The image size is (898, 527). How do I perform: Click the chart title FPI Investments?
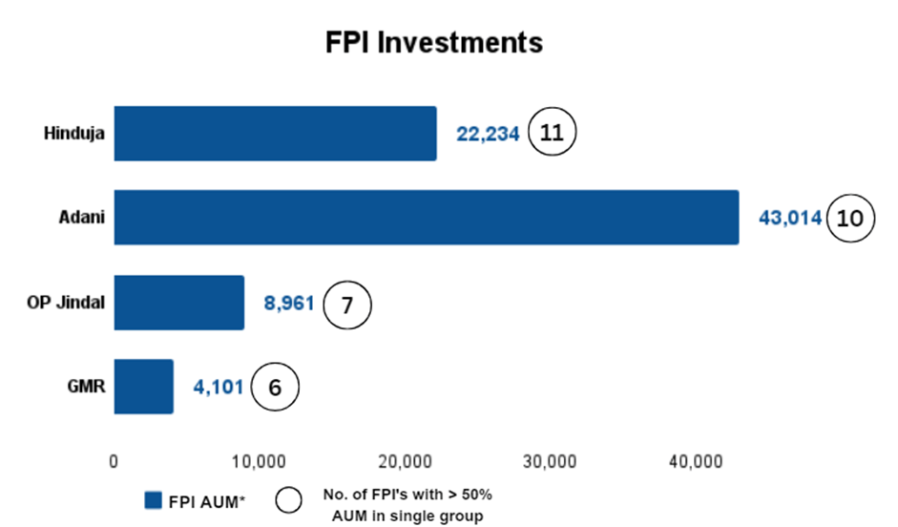[x=433, y=43]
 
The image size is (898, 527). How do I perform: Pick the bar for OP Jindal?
[x=178, y=303]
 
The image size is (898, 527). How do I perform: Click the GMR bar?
[x=143, y=387]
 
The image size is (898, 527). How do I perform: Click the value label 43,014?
[x=789, y=219]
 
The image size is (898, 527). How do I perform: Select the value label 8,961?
[x=288, y=305]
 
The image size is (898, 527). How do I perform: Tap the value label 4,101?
[x=219, y=389]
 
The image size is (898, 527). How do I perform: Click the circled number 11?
[x=553, y=134]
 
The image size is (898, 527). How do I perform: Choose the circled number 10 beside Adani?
[x=849, y=218]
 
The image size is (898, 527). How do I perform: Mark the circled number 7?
[x=346, y=305]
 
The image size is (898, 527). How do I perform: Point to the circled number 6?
[x=275, y=388]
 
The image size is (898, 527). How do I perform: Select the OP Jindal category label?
[x=65, y=303]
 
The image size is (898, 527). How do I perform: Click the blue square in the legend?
[x=153, y=501]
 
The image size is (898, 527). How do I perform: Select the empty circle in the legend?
[x=288, y=500]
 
